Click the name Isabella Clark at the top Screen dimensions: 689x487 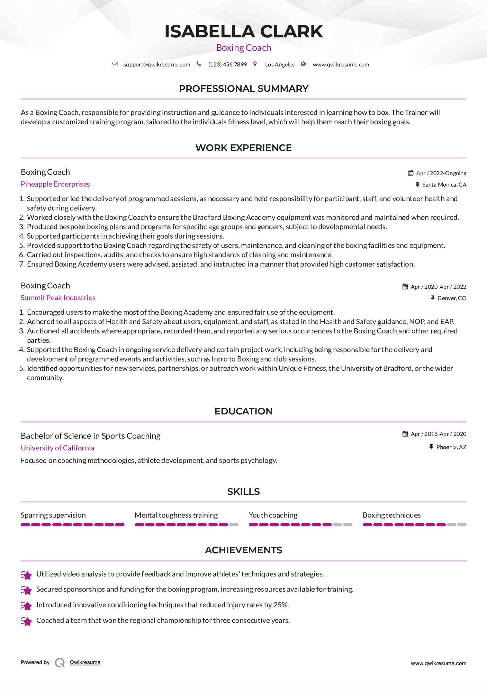coord(243,32)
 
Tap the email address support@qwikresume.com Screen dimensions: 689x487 coord(156,64)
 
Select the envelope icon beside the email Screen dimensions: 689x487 coord(115,64)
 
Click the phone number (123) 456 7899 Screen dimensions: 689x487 coord(227,64)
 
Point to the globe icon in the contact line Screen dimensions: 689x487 coord(303,64)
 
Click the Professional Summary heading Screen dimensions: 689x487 coord(243,89)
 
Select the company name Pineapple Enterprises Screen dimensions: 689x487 coord(55,184)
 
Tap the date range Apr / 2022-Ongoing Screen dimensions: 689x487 coord(441,173)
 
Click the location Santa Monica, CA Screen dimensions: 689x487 coord(444,185)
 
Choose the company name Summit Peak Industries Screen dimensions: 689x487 coord(58,298)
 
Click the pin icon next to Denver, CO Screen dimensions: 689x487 coord(432,298)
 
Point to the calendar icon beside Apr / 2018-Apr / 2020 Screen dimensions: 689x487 coord(405,434)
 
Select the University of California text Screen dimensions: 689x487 coord(57,448)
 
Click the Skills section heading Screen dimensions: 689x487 coord(243,492)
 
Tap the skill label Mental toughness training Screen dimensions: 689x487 coord(176,515)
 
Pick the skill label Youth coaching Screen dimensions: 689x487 coord(273,515)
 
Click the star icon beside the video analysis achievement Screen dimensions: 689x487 coord(26,575)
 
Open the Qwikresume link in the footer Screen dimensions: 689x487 coord(85,662)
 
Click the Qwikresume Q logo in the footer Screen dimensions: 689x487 coord(60,662)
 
